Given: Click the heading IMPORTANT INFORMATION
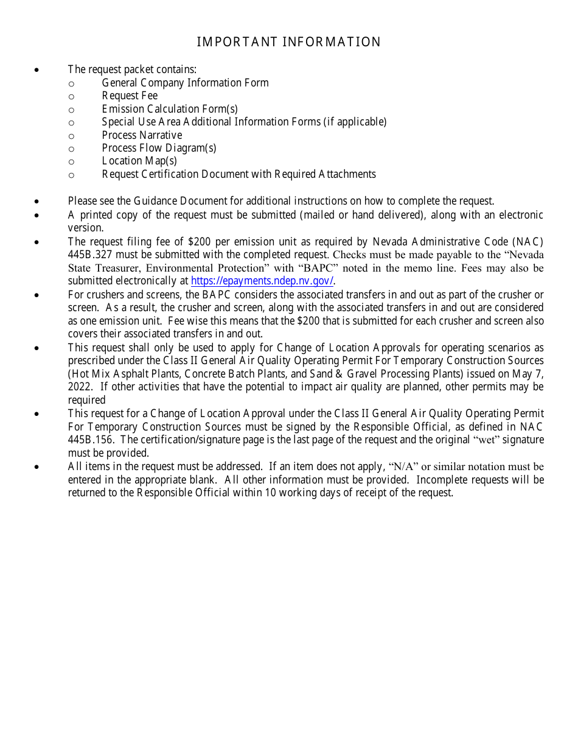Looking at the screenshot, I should click(288, 42).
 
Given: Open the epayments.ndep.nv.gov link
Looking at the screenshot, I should click(262, 281).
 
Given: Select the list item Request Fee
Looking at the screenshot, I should click(130, 96).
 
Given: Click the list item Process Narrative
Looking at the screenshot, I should click(142, 135).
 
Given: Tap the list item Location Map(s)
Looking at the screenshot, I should click(139, 161).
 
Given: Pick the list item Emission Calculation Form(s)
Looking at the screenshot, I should click(170, 109).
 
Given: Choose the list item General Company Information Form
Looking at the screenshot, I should click(185, 83).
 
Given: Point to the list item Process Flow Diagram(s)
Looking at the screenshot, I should click(159, 148).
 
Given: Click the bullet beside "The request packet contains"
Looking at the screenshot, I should click(37, 70).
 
